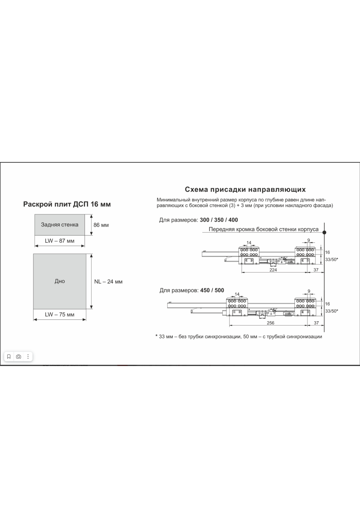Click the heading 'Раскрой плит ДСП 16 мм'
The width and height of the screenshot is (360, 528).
coord(67,204)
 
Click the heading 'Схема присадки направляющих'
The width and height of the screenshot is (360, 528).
coord(245,190)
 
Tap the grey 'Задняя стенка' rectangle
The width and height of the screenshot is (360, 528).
coord(60,225)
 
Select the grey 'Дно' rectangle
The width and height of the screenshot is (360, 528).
coord(60,281)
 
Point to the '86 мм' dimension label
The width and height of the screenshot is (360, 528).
coord(101,225)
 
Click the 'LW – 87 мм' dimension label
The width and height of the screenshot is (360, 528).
coord(60,241)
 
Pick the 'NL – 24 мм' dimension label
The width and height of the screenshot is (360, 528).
coord(108,282)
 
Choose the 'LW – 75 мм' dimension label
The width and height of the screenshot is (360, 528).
coord(60,315)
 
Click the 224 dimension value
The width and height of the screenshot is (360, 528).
coord(273,270)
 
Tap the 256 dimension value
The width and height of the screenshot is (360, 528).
coord(271,323)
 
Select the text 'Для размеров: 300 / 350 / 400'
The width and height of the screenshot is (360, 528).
coord(198,220)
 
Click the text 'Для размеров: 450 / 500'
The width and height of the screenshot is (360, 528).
coord(192,290)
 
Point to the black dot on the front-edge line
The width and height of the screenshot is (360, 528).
coord(324,232)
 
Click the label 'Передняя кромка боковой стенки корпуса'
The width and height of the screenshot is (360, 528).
coord(263,229)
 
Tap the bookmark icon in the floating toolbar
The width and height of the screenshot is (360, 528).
coord(9,357)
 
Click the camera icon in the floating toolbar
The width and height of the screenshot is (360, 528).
coord(19,357)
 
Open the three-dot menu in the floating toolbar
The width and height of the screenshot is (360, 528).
coord(28,357)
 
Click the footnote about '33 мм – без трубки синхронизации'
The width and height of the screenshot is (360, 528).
coord(239,337)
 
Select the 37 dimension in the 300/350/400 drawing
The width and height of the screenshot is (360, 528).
coord(316,270)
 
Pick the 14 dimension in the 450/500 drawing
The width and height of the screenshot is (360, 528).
coord(237,294)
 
